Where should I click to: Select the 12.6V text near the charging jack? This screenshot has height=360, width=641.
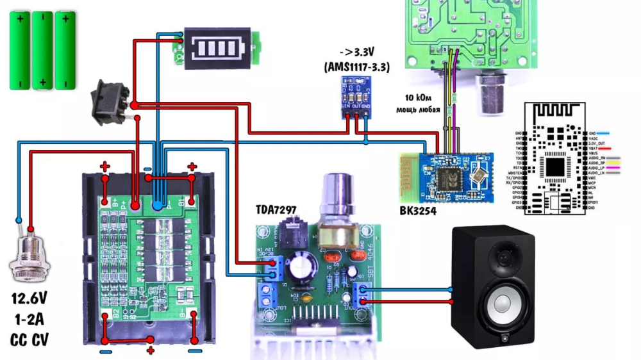point(28,299)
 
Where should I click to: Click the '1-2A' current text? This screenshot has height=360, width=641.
point(28,319)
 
